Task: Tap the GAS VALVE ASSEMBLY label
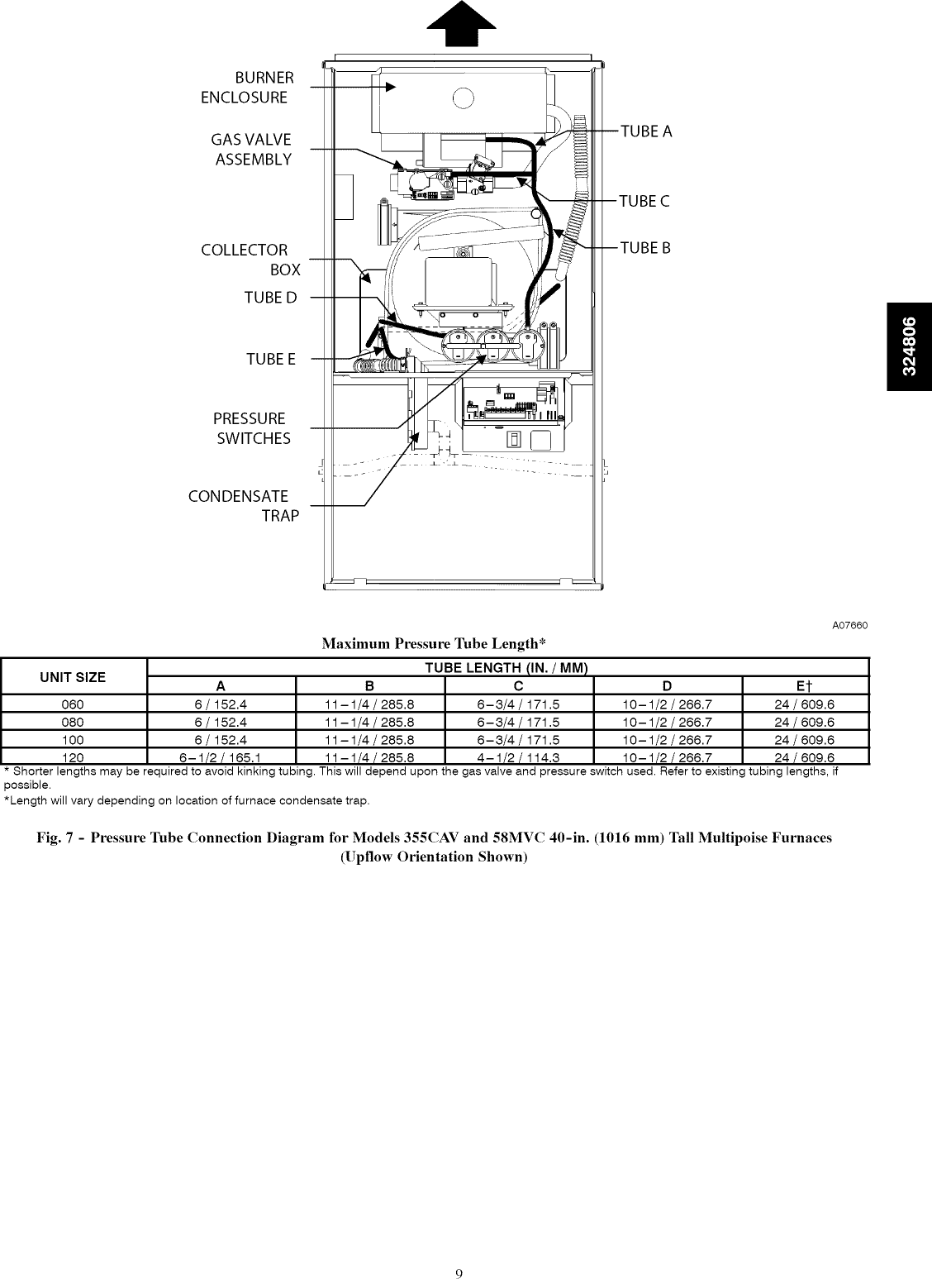(251, 150)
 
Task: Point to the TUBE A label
(646, 131)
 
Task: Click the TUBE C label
(644, 201)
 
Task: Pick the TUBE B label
(645, 248)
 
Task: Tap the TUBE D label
(270, 298)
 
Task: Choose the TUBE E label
(270, 360)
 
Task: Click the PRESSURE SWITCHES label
(252, 428)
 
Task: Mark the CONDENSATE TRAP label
(243, 506)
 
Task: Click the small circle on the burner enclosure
(464, 98)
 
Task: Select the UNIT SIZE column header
(74, 677)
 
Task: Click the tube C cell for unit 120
(519, 757)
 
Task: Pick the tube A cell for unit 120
(221, 757)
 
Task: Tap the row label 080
(74, 722)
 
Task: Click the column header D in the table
(668, 685)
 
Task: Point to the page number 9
(459, 1250)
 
